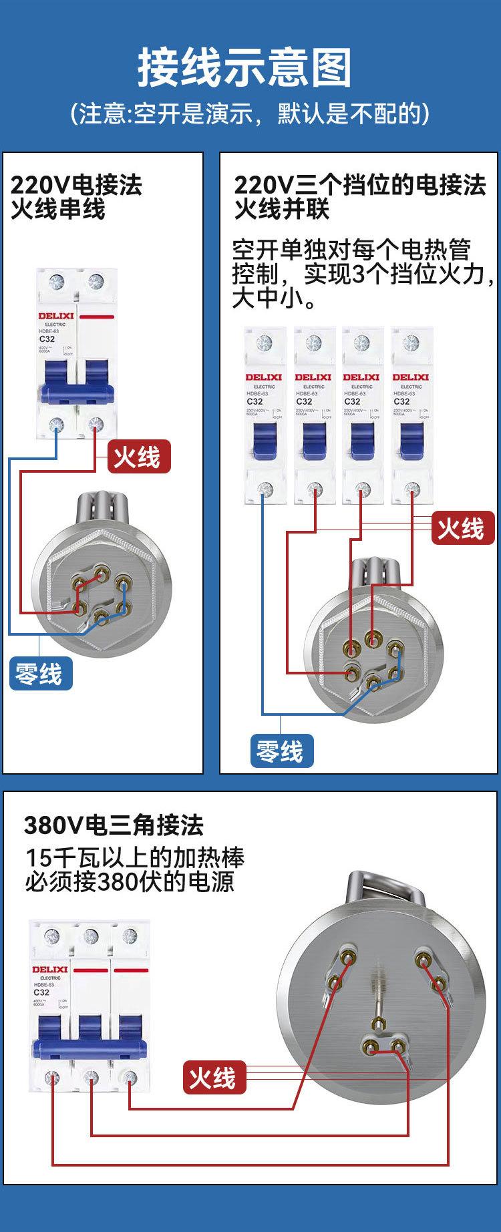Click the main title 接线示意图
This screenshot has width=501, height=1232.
click(x=244, y=67)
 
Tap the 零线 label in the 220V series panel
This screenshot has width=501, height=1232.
click(x=40, y=673)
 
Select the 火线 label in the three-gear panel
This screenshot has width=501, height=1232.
click(x=460, y=528)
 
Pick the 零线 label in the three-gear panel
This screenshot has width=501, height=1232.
click(x=281, y=751)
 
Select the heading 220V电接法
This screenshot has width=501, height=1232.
click(x=77, y=185)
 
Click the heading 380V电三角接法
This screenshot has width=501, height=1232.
click(x=114, y=825)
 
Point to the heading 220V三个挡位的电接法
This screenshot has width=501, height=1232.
click(x=359, y=185)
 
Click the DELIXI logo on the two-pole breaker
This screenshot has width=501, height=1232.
click(x=56, y=316)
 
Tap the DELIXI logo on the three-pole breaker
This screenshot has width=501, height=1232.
click(x=49, y=970)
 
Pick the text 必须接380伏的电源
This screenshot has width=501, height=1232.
click(x=130, y=882)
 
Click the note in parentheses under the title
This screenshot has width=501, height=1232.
click(x=250, y=114)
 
